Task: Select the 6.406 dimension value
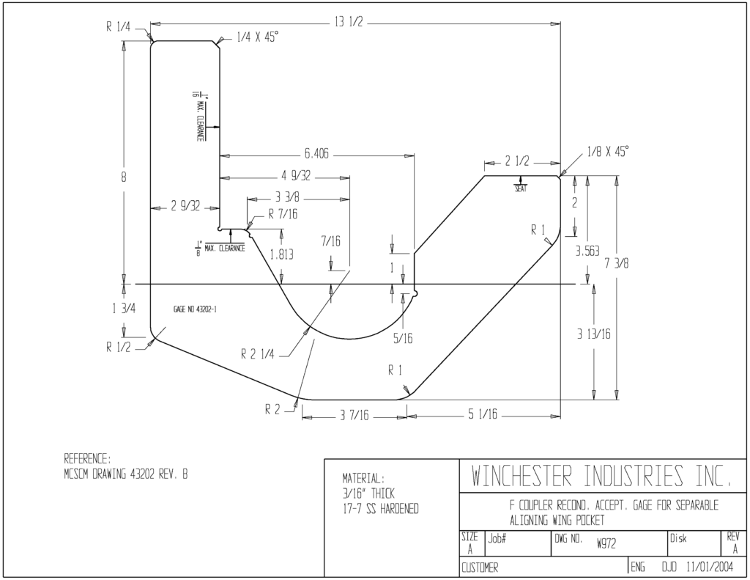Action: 316,154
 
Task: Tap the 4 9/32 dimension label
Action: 296,176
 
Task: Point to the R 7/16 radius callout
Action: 282,213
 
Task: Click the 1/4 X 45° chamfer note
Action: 257,37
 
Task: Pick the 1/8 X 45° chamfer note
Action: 607,152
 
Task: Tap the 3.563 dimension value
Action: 587,252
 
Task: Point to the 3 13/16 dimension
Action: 593,334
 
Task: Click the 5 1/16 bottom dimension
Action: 482,414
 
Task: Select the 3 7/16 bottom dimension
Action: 354,416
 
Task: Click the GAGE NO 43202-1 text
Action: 195,309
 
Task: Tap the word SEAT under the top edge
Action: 521,188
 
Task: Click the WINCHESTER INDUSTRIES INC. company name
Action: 602,475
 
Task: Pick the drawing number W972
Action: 606,543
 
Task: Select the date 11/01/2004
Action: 709,567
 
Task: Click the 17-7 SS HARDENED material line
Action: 380,509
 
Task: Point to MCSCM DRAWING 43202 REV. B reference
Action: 126,474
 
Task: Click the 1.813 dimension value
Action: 282,254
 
